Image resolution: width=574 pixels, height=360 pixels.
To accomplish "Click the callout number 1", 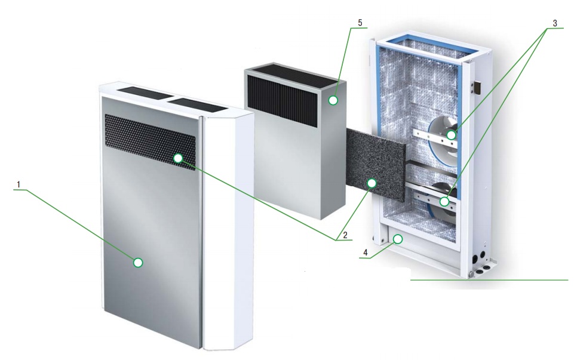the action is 19,184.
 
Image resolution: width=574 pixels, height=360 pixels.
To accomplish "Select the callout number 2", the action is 345,235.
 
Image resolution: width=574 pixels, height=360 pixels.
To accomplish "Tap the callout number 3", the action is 555,23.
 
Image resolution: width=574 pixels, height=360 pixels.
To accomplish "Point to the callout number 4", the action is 366,253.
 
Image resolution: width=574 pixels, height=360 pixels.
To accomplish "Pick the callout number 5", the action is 360,23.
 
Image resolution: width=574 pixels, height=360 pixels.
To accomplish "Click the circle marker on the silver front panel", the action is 138,262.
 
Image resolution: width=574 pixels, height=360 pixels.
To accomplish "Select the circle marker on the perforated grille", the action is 178,158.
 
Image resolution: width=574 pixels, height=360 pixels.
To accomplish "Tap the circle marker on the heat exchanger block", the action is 333,100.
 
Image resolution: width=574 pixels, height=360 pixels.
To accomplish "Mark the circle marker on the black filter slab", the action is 372,183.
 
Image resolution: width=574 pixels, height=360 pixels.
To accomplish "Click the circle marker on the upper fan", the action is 452,135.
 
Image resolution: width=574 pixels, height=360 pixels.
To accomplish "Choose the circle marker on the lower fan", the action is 444,201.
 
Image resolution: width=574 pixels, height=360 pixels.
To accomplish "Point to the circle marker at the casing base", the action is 398,239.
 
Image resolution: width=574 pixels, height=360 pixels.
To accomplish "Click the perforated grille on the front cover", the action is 150,142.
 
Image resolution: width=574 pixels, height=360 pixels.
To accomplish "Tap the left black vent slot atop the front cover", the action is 144,93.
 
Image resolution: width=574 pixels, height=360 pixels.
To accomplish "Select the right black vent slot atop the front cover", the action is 198,104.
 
